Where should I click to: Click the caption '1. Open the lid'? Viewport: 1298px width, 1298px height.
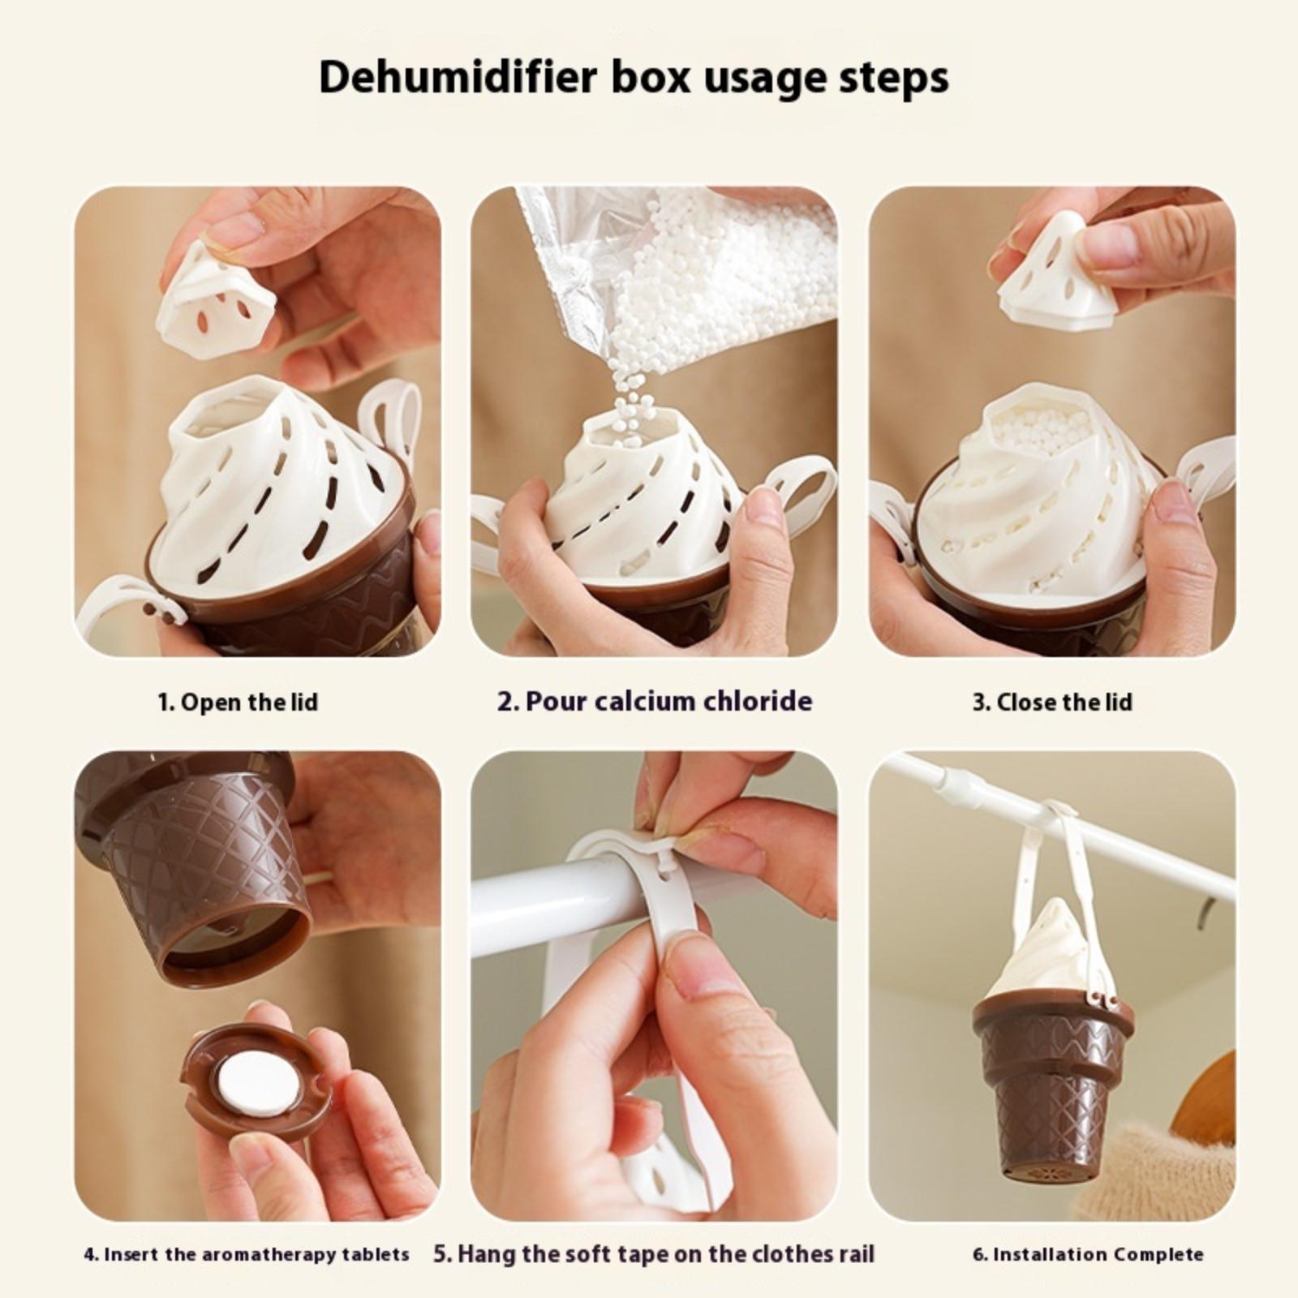point(238,702)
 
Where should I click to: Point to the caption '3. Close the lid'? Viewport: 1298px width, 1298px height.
point(1052,702)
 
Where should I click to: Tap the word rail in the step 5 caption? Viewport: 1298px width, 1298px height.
point(857,1254)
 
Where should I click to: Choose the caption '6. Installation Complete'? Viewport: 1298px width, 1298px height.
point(1088,1255)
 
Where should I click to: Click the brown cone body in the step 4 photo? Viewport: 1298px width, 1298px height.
point(195,860)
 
